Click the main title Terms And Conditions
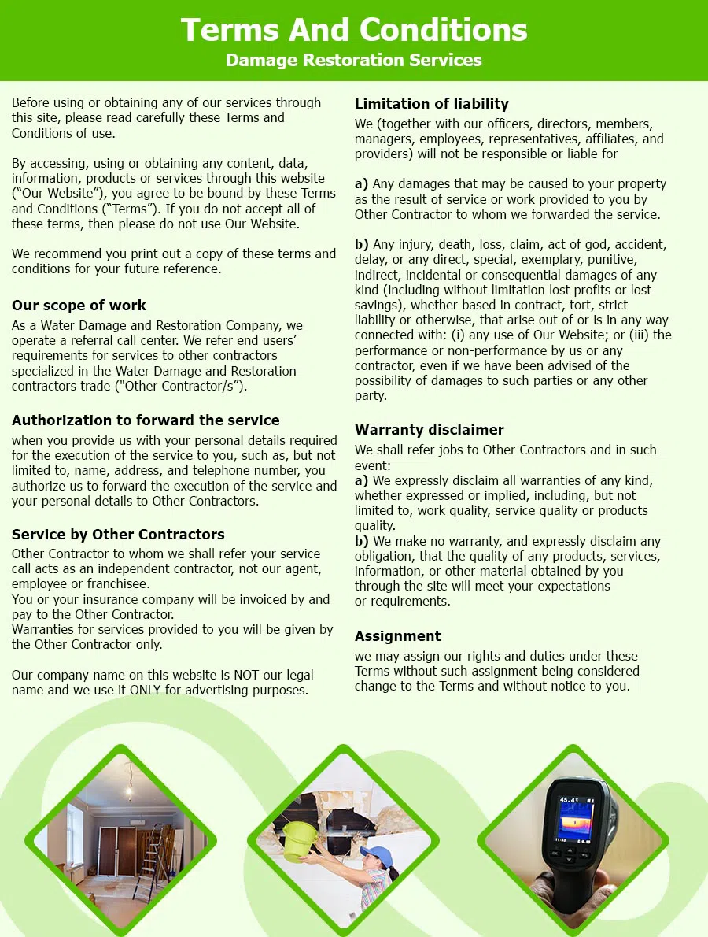354,30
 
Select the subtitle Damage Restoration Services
354,61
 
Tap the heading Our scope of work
79,306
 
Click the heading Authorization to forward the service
146,420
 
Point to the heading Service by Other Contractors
118,535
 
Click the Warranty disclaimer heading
430,430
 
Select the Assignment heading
397,636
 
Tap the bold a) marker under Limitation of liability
361,184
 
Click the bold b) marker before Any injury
362,245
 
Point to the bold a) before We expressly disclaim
361,480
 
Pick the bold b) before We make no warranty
362,542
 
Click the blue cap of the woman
380,855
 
